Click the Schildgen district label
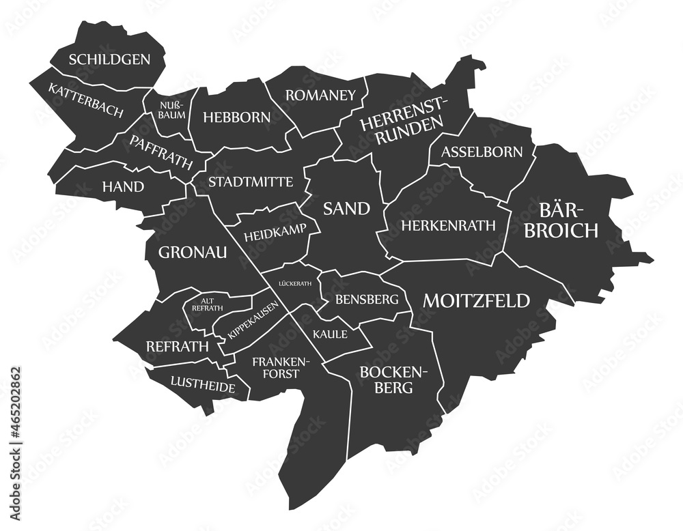109,59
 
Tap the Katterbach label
85,100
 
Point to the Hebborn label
237,117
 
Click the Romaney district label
320,95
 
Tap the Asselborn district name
482,151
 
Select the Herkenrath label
447,225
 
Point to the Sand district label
347,208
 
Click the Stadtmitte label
251,182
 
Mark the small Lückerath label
295,283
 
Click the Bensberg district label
366,299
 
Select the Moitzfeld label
476,300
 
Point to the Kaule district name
330,334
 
